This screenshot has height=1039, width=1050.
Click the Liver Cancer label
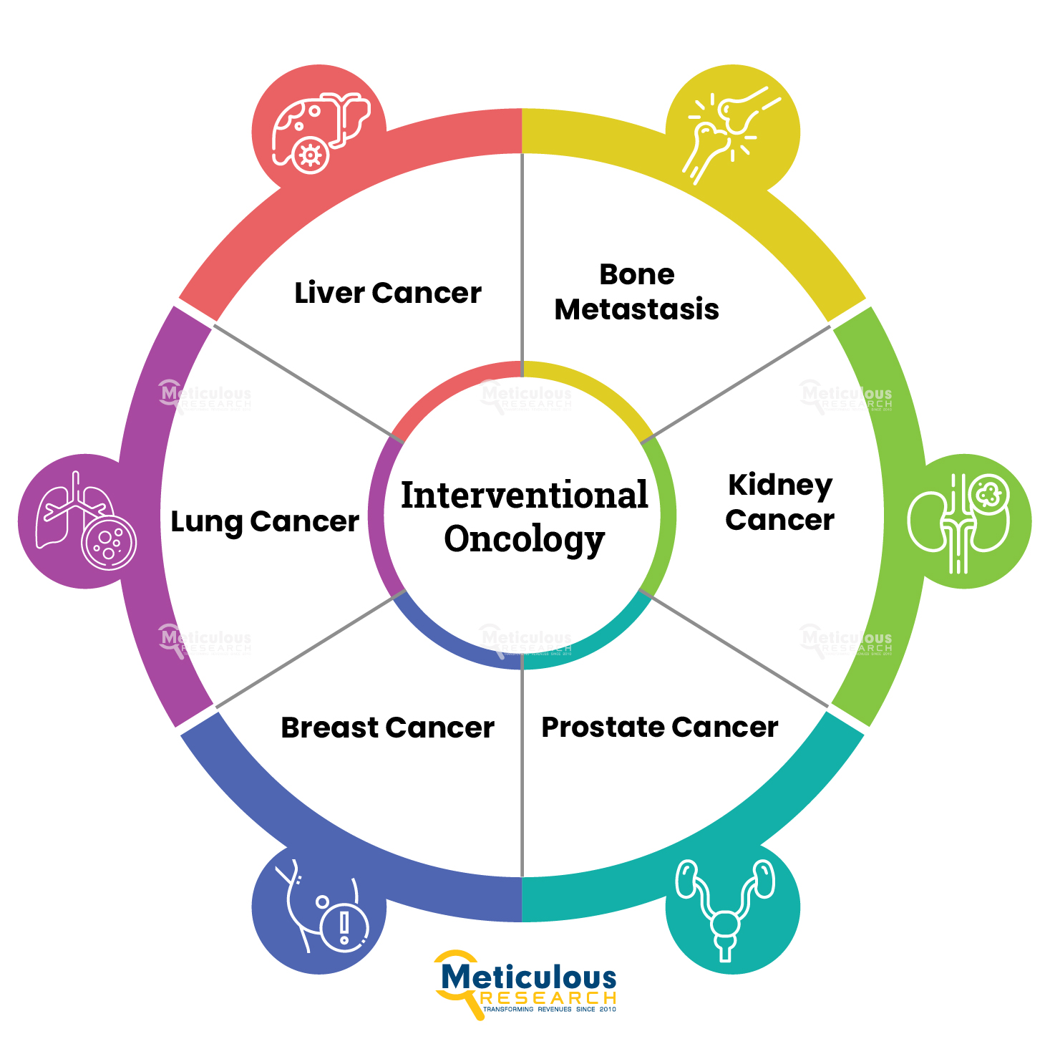coord(387,293)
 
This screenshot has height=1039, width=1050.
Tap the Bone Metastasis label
coord(636,291)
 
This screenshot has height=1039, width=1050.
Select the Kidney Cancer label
coord(779,503)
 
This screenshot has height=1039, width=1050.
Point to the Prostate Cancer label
coord(659,728)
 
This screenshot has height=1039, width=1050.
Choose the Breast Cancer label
coord(387,728)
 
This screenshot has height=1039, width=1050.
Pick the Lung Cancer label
coord(265,522)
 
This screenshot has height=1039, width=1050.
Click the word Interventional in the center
coord(524,496)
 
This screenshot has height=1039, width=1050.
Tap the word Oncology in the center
coord(524,540)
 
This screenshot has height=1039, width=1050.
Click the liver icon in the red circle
coord(321,133)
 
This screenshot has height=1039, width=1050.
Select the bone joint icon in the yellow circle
coord(731,135)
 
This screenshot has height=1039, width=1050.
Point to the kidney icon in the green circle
coord(958,522)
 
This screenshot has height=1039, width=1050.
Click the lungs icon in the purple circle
coord(86,521)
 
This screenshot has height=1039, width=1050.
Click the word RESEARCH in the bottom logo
coord(548,998)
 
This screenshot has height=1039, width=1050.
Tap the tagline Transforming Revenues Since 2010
coord(549,1010)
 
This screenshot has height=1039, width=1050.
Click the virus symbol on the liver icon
coord(311,155)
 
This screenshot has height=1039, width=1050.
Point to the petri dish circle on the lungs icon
coord(109,543)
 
